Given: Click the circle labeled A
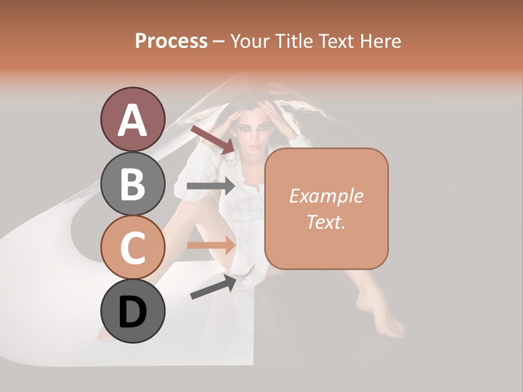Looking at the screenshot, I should (x=132, y=119).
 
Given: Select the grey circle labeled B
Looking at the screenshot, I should (x=132, y=183).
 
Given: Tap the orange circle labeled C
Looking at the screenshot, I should (x=132, y=247).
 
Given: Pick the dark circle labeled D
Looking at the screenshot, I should (x=132, y=311).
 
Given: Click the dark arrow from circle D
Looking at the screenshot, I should (x=213, y=287).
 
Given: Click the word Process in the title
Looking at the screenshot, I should (x=171, y=41).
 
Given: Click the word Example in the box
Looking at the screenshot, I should (x=326, y=196).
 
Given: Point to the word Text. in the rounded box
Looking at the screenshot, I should (x=326, y=222).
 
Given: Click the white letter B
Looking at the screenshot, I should (x=132, y=184).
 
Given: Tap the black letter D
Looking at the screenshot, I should (x=132, y=312).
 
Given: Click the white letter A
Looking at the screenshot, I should (x=132, y=120).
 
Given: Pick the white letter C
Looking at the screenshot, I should (x=132, y=248).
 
